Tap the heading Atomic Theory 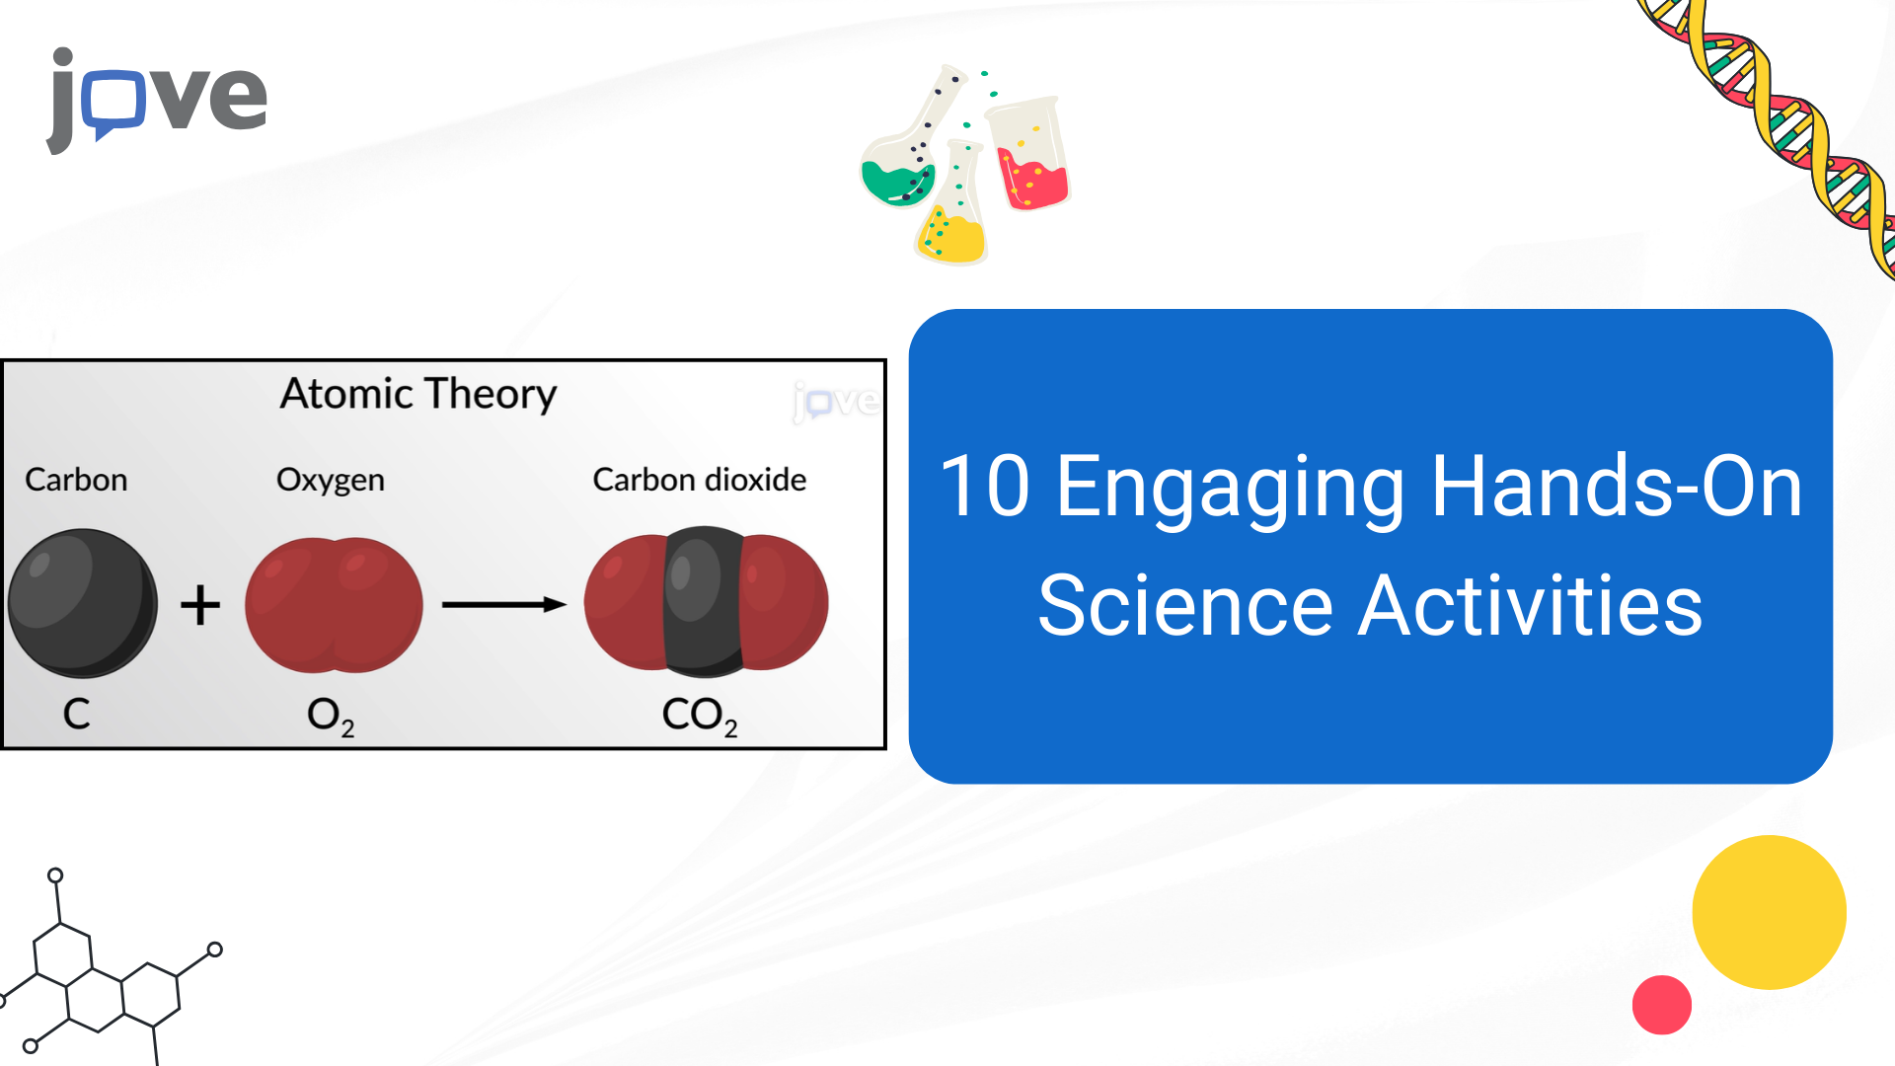pyautogui.click(x=418, y=394)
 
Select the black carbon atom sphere pyautogui.click(x=83, y=603)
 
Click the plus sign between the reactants pyautogui.click(x=200, y=604)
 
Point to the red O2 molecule pyautogui.click(x=334, y=604)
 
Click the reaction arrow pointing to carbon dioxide pyautogui.click(x=504, y=604)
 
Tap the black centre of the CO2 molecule pyautogui.click(x=704, y=602)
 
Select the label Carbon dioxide pyautogui.click(x=699, y=480)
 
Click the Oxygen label pyautogui.click(x=331, y=481)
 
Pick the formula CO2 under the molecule pyautogui.click(x=700, y=716)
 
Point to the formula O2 pyautogui.click(x=331, y=716)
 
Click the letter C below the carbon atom pyautogui.click(x=77, y=714)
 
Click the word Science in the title pyautogui.click(x=1185, y=606)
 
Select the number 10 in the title pyautogui.click(x=985, y=486)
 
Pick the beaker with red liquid pyautogui.click(x=1029, y=153)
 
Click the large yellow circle pyautogui.click(x=1769, y=912)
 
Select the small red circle pyautogui.click(x=1662, y=1005)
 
